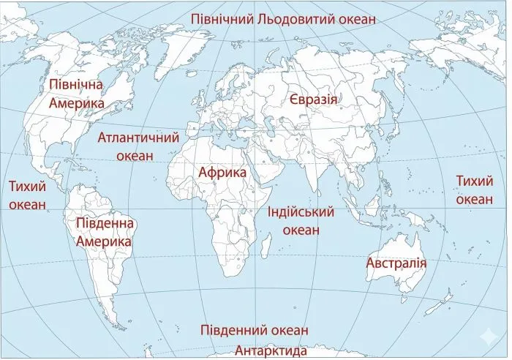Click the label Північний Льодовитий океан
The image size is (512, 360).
283,19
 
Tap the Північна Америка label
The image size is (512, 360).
77,94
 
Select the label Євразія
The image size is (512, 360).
313,100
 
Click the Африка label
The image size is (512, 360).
222,173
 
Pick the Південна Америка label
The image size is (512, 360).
104,231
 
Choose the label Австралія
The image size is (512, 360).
396,263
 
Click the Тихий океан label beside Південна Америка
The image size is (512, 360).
28,195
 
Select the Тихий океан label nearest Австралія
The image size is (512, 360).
474,190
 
